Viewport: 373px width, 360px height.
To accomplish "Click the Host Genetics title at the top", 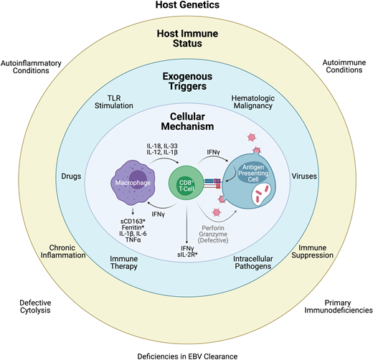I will (186, 7).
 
